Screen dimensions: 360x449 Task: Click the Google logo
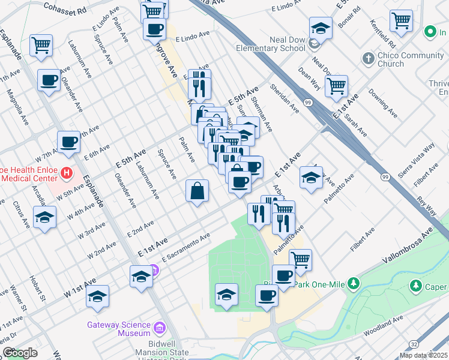pos(20,353)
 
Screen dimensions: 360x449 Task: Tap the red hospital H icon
pos(67,174)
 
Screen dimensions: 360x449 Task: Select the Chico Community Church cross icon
pos(367,59)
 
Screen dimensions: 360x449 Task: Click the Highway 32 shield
pos(414,343)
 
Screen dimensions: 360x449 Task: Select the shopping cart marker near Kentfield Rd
pos(401,20)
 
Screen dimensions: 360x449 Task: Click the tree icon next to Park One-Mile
pos(354,282)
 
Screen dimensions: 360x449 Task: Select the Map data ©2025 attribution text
pos(424,355)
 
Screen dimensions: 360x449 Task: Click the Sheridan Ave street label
pos(286,98)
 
